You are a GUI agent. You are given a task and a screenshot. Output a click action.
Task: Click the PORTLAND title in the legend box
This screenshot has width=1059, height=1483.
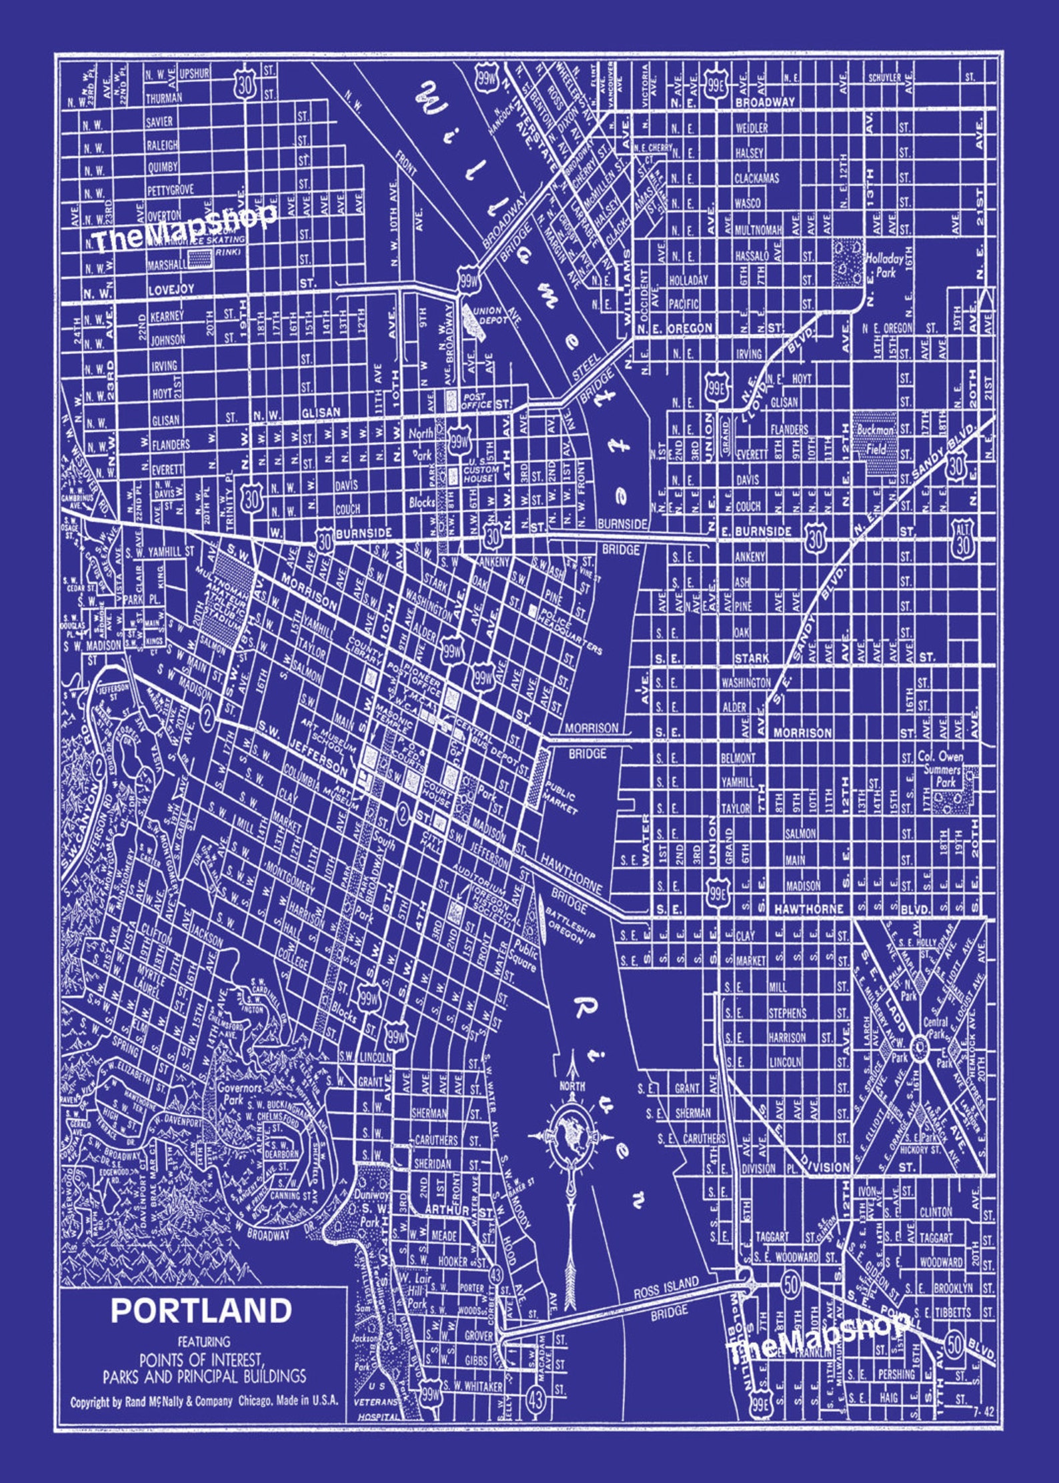point(201,1310)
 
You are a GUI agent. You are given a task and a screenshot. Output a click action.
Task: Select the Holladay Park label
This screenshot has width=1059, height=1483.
point(884,265)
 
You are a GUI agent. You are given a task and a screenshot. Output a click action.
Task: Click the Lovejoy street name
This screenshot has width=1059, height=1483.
point(171,289)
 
